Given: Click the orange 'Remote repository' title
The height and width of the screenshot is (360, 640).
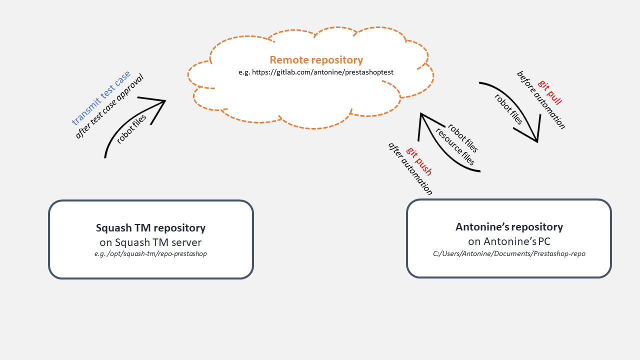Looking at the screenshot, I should click(x=316, y=60).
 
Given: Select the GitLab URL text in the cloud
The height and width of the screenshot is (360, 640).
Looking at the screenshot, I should click(x=316, y=72).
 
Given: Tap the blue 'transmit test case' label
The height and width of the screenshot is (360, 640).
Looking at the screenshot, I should click(x=101, y=97).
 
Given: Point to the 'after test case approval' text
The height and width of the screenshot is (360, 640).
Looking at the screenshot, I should click(x=109, y=106).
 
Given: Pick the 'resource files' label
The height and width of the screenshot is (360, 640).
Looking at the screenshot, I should click(x=455, y=147).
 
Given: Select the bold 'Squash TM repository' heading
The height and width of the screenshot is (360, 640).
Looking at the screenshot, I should click(x=150, y=228).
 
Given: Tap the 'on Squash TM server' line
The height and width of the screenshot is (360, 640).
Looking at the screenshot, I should click(x=150, y=242).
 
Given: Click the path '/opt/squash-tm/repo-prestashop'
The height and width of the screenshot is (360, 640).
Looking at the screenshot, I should click(x=150, y=253).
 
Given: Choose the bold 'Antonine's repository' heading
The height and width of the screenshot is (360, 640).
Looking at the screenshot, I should click(x=509, y=227).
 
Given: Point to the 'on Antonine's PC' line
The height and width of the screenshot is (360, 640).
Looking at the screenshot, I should click(x=509, y=241).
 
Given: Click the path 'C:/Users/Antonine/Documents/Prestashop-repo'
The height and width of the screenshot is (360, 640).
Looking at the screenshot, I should click(x=509, y=253).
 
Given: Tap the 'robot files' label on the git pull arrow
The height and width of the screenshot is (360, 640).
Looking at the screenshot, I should click(x=508, y=109).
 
